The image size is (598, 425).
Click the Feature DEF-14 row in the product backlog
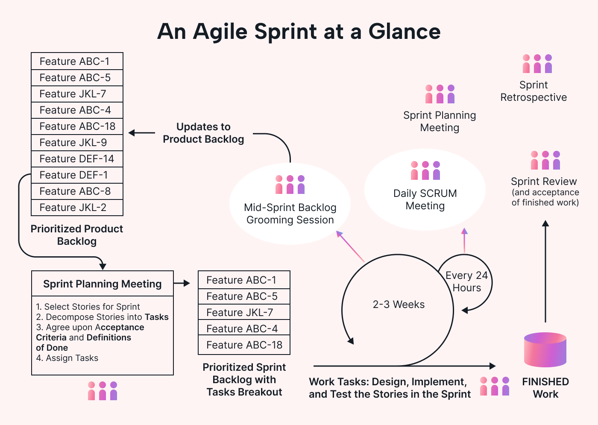click(77, 159)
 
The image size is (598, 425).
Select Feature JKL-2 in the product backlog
click(77, 208)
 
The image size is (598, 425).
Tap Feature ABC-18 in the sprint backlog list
click(244, 345)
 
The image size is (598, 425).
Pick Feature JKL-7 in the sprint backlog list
click(244, 313)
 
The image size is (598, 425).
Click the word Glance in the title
click(404, 32)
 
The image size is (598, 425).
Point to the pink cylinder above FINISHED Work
click(545, 349)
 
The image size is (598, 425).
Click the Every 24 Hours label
click(466, 281)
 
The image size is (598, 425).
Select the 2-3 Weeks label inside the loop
click(399, 305)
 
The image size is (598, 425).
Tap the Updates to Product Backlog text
click(203, 133)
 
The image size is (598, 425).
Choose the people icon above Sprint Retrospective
click(537, 64)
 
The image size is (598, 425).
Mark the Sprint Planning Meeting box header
click(103, 284)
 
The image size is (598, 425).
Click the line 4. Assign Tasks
click(67, 358)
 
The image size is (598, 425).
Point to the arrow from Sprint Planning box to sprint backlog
click(182, 283)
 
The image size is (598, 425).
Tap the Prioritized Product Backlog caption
click(77, 235)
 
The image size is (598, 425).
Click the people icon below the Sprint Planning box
click(103, 391)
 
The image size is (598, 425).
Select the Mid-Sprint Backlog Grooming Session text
click(290, 214)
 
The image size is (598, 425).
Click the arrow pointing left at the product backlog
click(141, 133)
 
